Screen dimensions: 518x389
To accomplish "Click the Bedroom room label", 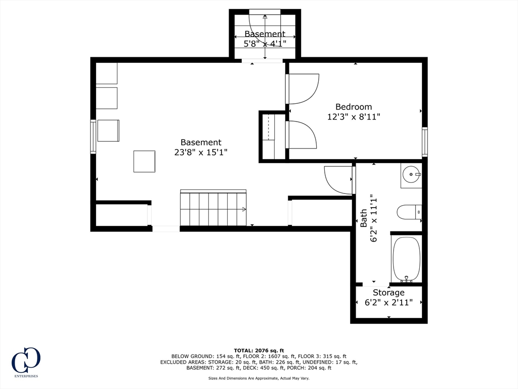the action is pyautogui.click(x=354, y=107).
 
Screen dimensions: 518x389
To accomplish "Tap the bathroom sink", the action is pyautogui.click(x=411, y=175).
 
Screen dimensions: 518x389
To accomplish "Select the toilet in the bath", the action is pyautogui.click(x=409, y=212).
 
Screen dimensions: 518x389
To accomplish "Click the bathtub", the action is pyautogui.click(x=406, y=259).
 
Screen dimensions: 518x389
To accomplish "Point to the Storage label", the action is pyautogui.click(x=388, y=293).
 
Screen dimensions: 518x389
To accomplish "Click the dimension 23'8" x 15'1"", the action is pyautogui.click(x=201, y=152).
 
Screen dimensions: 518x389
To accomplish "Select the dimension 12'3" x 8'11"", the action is pyautogui.click(x=354, y=117).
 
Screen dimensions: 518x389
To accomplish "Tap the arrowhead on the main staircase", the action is pyautogui.click(x=244, y=209).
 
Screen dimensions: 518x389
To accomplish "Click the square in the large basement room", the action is pyautogui.click(x=144, y=162).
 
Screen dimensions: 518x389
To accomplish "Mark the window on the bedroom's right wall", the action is pyautogui.click(x=425, y=142).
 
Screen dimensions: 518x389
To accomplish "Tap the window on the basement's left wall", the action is pyautogui.click(x=93, y=137).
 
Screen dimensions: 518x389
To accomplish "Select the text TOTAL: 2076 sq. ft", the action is pyautogui.click(x=259, y=351).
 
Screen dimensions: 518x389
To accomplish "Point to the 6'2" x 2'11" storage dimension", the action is pyautogui.click(x=388, y=303).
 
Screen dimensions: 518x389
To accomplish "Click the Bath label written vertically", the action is pyautogui.click(x=364, y=218).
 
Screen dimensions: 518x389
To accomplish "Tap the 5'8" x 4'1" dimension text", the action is pyautogui.click(x=265, y=44).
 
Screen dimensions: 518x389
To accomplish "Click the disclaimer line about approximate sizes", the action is pyautogui.click(x=259, y=378).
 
